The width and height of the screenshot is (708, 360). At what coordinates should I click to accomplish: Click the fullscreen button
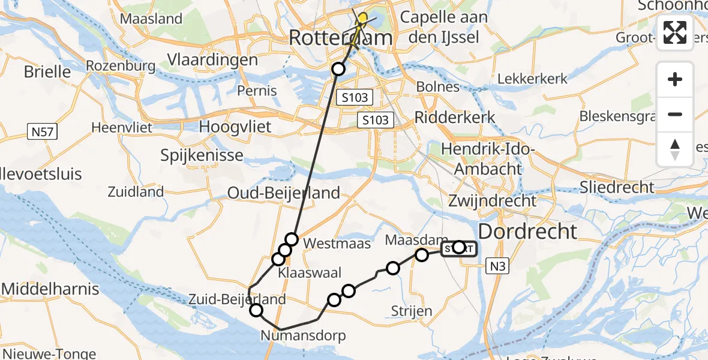click(675, 32)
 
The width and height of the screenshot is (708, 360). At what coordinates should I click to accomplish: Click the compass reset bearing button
click(675, 149)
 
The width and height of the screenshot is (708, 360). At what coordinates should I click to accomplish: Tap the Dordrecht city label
click(527, 231)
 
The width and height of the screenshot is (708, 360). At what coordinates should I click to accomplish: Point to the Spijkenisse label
click(202, 155)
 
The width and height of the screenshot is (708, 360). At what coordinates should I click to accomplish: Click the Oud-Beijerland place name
click(283, 193)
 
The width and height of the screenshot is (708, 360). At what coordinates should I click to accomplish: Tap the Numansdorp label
click(304, 335)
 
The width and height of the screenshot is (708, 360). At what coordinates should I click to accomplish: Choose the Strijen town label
click(411, 311)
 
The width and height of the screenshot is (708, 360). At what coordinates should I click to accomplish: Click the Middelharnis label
click(50, 289)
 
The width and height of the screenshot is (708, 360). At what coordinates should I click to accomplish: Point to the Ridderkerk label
click(455, 116)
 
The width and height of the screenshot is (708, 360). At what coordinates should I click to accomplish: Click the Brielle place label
click(47, 72)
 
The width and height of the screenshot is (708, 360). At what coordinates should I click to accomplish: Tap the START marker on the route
click(459, 248)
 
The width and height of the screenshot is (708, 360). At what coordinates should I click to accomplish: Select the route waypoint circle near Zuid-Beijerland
click(256, 310)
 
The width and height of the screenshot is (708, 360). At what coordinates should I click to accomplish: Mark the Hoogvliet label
click(235, 127)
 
